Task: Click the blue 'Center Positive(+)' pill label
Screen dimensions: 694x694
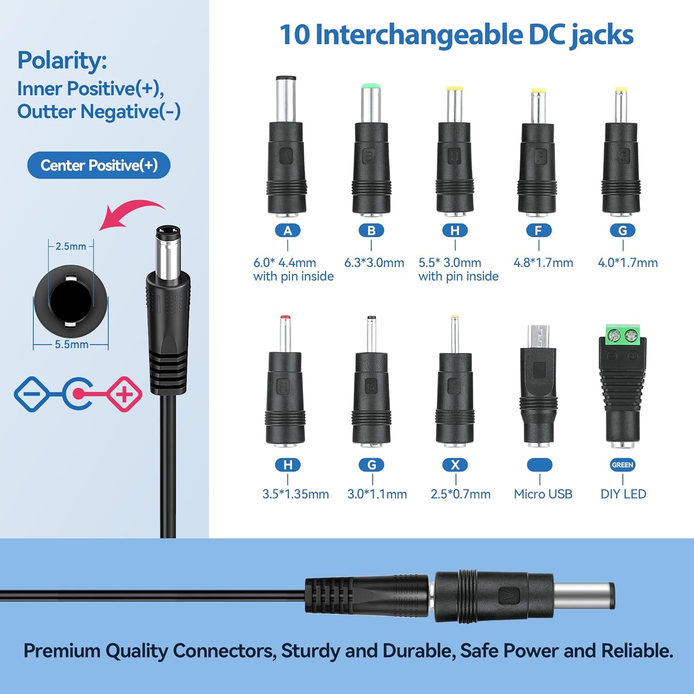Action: coord(99,165)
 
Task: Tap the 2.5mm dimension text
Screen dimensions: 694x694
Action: coord(71,246)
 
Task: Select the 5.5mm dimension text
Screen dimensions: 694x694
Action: coord(72,344)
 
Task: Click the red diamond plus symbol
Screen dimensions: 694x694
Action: coord(124,394)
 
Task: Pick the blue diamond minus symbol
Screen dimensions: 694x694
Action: coord(31,394)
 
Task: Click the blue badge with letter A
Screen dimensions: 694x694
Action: coord(288,230)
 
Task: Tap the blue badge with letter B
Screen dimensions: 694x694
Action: coord(372,230)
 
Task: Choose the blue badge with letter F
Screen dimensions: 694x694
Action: coord(539,230)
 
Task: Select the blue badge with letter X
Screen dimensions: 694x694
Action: coord(455,465)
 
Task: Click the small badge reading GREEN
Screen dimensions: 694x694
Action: coord(622,465)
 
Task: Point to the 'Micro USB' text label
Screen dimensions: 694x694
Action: coord(543,494)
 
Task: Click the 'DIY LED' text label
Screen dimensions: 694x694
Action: coord(623,494)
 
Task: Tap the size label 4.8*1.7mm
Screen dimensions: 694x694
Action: coord(543,263)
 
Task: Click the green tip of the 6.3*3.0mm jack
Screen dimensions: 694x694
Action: coord(371,86)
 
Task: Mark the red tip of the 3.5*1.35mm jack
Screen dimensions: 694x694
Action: coord(285,318)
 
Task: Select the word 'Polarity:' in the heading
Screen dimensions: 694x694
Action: coord(62,61)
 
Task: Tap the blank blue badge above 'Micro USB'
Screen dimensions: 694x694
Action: coord(539,465)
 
